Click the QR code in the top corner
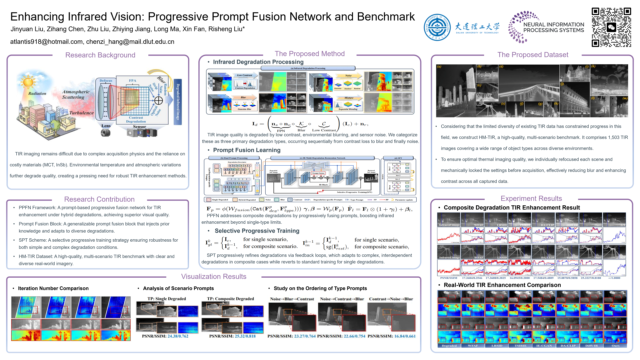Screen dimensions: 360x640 (x=611, y=27)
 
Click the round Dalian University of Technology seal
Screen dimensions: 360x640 (x=437, y=27)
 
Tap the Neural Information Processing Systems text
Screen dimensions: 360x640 (x=553, y=27)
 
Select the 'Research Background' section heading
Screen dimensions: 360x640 (x=100, y=55)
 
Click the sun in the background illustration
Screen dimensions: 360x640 (x=28, y=81)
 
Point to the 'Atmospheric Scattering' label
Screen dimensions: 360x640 (x=76, y=94)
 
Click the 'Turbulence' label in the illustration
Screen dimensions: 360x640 (x=81, y=113)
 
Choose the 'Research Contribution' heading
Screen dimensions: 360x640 (x=99, y=199)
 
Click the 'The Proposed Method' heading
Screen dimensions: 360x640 (x=309, y=54)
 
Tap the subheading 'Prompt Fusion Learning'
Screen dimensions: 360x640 (x=247, y=150)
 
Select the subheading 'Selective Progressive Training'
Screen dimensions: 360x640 (x=257, y=231)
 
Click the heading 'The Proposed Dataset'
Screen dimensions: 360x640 (x=533, y=55)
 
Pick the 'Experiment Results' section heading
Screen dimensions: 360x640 (x=531, y=199)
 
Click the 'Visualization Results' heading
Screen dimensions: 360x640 (x=214, y=277)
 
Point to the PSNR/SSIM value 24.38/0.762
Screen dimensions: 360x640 (x=178, y=336)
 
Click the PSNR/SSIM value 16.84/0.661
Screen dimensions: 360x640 (x=405, y=336)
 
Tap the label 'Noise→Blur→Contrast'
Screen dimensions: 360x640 (x=292, y=299)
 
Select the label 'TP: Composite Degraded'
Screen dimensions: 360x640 (x=230, y=299)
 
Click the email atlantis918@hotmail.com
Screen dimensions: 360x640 (x=46, y=42)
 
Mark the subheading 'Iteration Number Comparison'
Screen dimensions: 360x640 (x=53, y=288)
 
